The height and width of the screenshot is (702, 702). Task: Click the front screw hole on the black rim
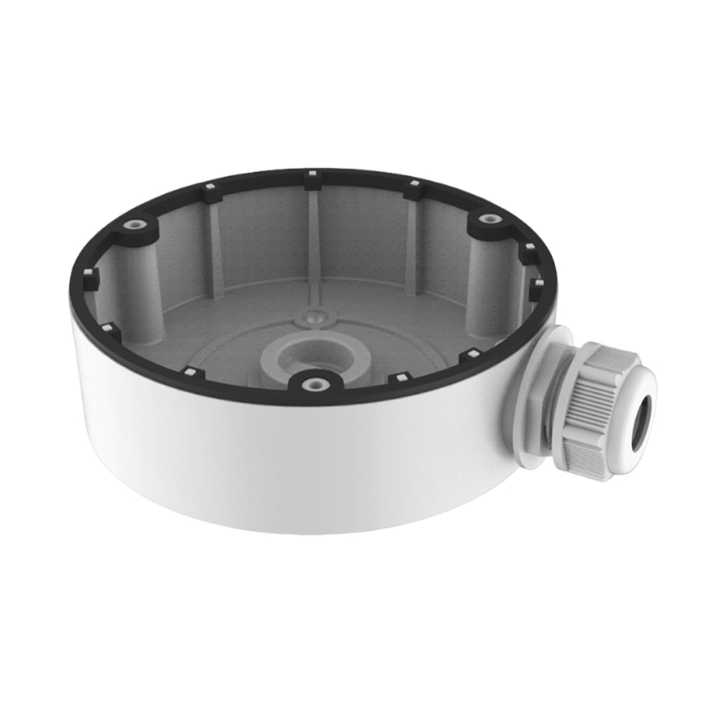coord(314,383)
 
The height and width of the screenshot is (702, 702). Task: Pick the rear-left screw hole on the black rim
coord(134,225)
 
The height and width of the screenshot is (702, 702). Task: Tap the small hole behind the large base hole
coord(310,317)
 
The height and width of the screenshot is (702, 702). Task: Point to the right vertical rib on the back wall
coord(411,239)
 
